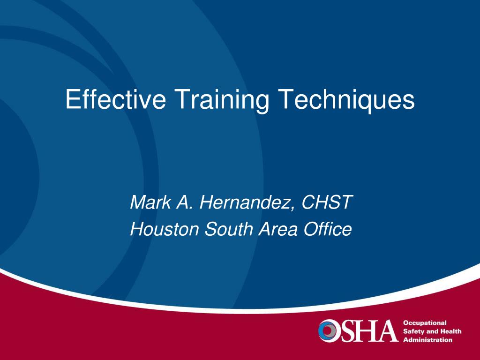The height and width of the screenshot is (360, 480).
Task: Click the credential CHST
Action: [327, 202]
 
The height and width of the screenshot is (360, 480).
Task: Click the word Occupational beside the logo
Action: [425, 323]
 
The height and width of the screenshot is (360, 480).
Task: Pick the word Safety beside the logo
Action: [413, 331]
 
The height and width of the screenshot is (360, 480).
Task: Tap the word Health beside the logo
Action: [451, 331]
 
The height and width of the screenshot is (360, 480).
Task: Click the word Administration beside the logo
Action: [427, 340]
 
